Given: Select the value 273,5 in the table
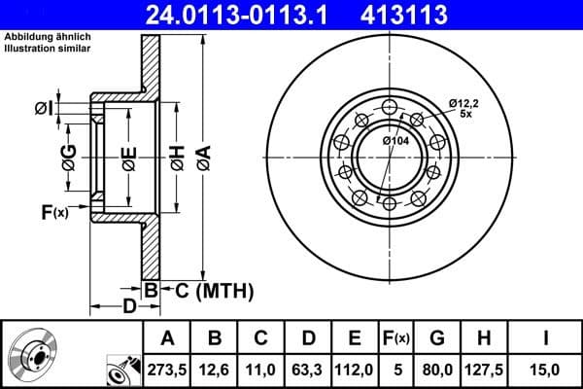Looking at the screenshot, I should (x=168, y=368).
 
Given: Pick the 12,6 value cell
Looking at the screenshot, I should (x=216, y=368).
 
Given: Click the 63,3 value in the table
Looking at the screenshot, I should (x=308, y=368).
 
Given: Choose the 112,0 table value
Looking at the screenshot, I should (x=355, y=368).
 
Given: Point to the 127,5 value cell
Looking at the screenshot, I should (x=484, y=368).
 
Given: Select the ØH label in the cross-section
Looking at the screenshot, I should (x=177, y=155).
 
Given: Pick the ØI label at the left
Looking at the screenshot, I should (x=43, y=107).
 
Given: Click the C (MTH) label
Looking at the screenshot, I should (x=208, y=290).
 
